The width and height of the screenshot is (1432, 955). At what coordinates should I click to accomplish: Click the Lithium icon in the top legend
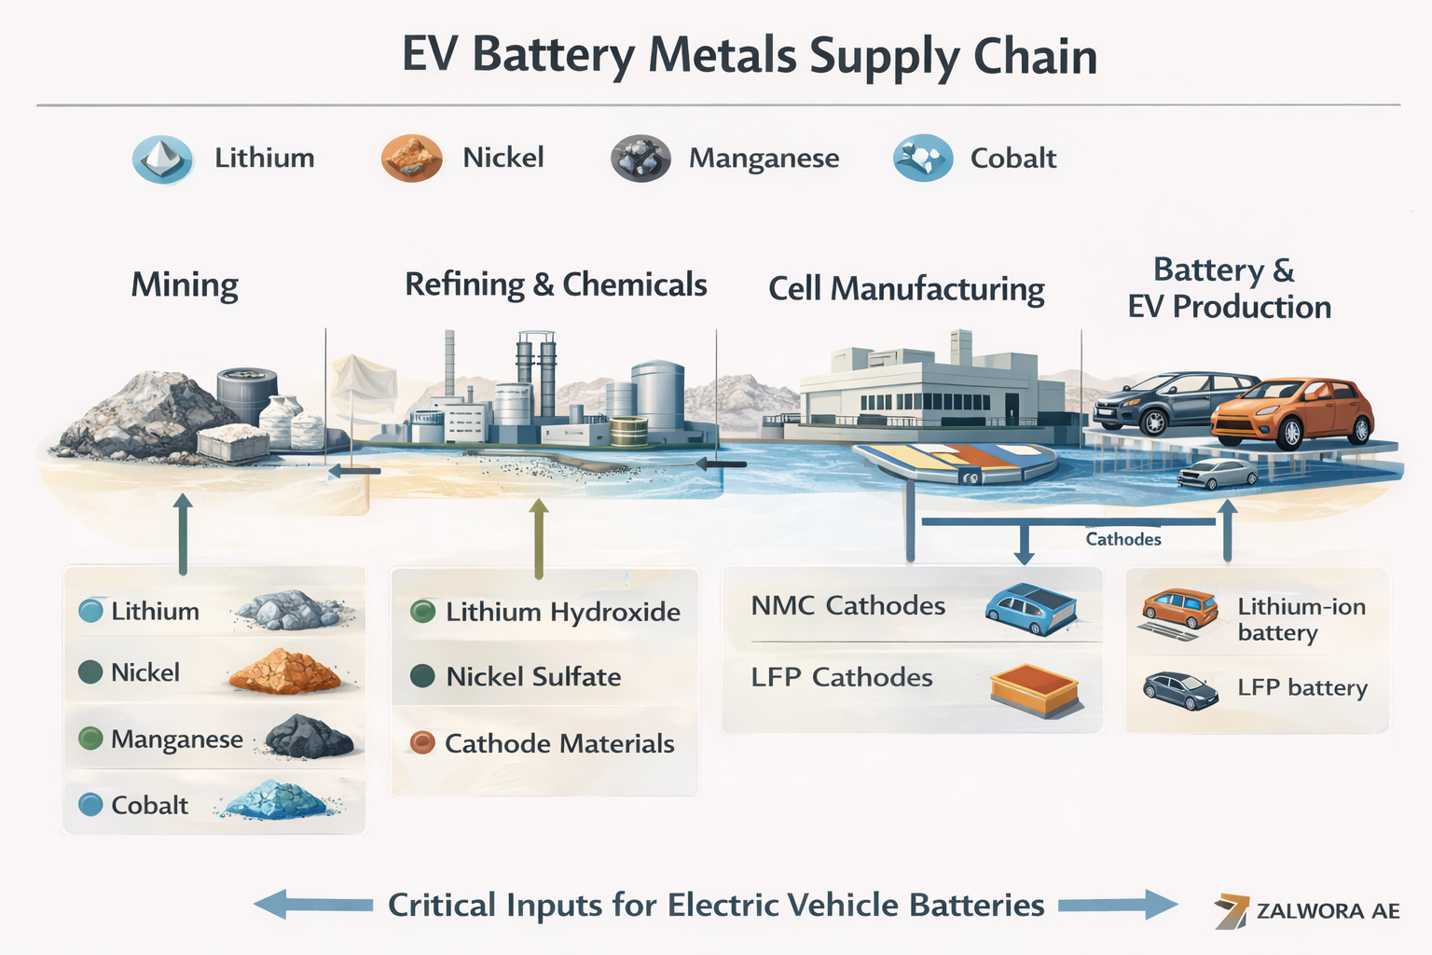tap(162, 159)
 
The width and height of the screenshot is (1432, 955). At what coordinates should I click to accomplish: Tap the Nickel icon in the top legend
tap(411, 158)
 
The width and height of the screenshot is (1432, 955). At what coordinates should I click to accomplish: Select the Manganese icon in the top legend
tap(640, 159)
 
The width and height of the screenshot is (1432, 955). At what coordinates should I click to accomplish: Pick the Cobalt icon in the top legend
tap(923, 158)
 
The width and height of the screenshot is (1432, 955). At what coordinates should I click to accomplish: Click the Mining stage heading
tap(185, 285)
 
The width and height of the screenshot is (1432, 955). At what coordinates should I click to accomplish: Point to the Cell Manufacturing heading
tap(906, 289)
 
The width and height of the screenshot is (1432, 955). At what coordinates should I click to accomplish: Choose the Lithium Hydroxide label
tap(563, 612)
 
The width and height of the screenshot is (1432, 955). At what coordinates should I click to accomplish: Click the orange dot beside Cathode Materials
tap(422, 743)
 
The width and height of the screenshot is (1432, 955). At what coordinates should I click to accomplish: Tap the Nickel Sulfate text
tap(533, 677)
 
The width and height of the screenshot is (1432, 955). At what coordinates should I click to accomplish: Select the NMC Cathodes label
tap(848, 606)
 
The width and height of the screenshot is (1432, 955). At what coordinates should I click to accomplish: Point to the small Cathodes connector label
tap(1123, 539)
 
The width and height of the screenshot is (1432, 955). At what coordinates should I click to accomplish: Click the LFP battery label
tap(1302, 688)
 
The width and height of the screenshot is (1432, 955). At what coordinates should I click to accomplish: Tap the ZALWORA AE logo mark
tap(1232, 911)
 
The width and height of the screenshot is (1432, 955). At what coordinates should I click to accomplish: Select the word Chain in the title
tap(1035, 56)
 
